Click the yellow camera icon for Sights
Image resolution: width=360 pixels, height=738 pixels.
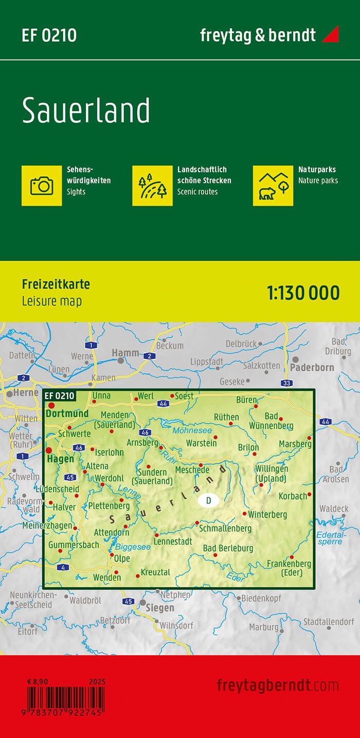(42, 186)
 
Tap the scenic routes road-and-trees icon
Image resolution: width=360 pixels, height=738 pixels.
(152, 186)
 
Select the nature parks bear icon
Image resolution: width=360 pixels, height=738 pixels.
(273, 186)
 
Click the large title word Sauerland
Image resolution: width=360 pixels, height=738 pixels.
(86, 111)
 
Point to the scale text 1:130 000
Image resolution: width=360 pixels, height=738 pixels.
(303, 293)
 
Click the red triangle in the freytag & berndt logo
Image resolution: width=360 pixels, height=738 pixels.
(330, 35)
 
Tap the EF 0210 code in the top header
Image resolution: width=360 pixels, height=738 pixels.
(49, 35)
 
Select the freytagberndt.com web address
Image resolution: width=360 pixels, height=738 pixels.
(278, 685)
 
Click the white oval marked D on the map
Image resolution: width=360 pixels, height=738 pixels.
(208, 500)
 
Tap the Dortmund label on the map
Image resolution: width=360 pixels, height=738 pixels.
(67, 413)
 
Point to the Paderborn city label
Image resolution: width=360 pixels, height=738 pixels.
(312, 368)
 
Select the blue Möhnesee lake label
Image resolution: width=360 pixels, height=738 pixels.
(192, 430)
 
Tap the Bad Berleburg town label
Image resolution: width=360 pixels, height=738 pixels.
(228, 548)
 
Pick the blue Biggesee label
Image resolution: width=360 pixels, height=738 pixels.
(133, 547)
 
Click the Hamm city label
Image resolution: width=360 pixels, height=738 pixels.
(125, 353)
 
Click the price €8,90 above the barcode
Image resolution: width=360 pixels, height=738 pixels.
(38, 681)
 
